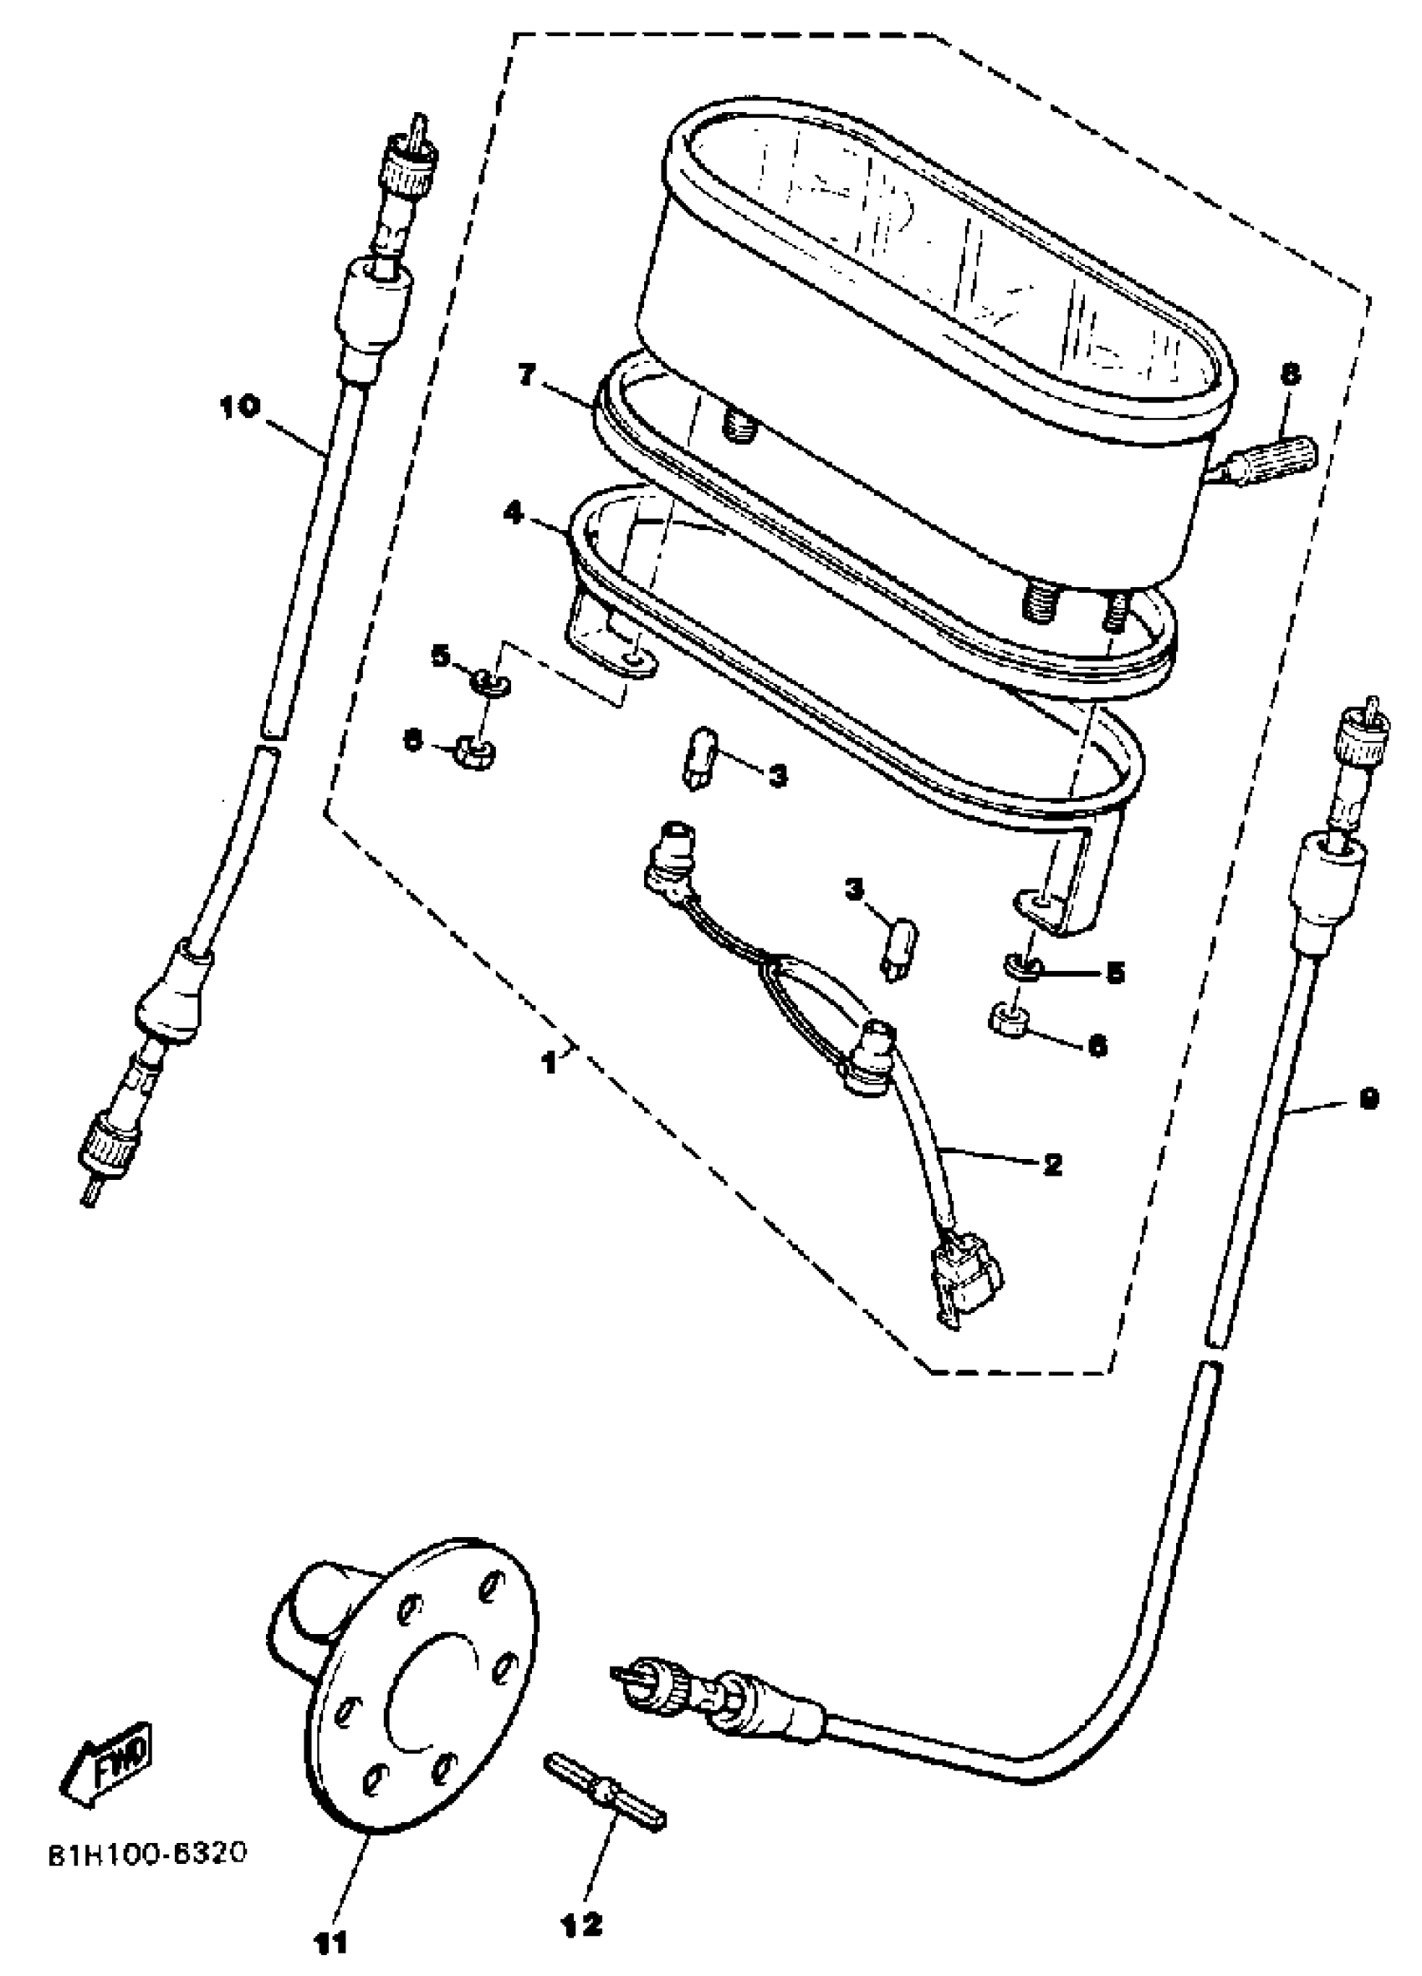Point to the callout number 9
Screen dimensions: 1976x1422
[x=1368, y=1099]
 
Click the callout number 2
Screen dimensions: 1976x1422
[x=1052, y=1164]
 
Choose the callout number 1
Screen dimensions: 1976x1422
[x=549, y=1062]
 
